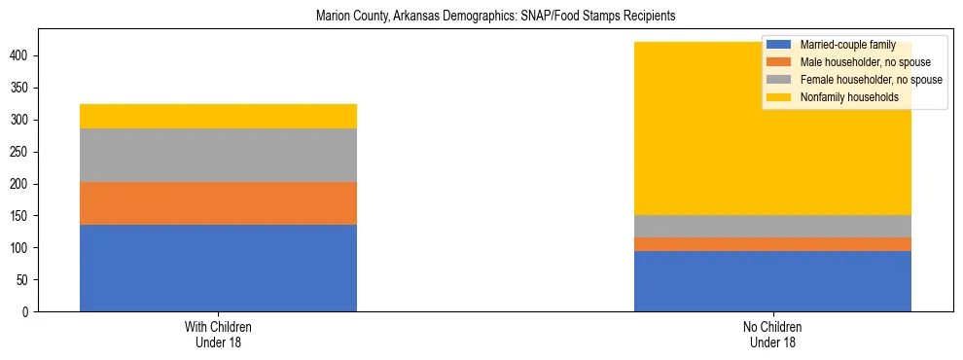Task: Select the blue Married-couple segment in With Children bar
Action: coord(218,269)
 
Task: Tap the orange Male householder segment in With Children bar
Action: coord(218,203)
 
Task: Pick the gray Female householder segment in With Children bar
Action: coord(218,155)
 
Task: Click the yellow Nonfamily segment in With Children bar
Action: coord(218,116)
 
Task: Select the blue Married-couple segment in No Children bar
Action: coord(772,281)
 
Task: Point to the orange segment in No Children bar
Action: coord(772,244)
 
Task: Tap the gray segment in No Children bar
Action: coord(772,226)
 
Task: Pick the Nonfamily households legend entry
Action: coord(842,97)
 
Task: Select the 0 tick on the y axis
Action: coord(28,312)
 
